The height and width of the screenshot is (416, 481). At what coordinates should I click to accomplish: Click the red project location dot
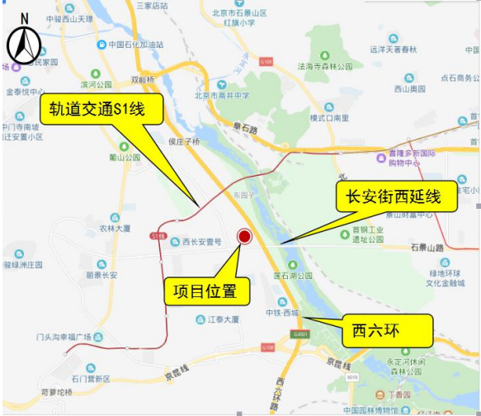[244, 238]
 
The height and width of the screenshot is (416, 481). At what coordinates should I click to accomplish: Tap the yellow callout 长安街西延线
[394, 197]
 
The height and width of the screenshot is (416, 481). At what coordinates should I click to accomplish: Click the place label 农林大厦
[116, 229]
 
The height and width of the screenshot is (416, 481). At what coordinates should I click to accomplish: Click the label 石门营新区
[90, 379]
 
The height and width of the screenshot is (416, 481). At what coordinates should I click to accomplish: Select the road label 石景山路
[427, 247]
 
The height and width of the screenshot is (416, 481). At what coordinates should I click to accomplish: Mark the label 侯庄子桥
[183, 141]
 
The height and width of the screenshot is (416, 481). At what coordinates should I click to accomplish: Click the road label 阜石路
[245, 129]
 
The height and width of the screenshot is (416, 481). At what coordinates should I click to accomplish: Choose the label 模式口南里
[329, 118]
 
